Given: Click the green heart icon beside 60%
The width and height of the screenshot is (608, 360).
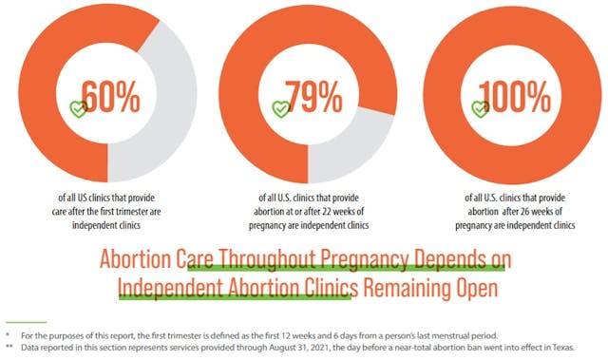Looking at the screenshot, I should click(79, 108).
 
